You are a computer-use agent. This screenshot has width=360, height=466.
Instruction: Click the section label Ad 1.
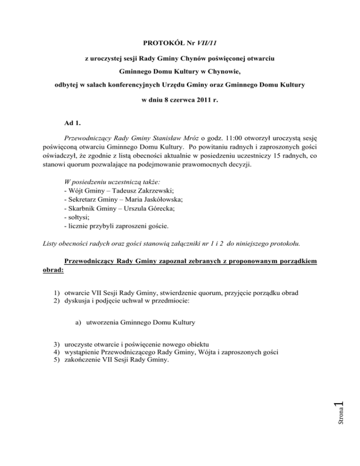[72, 123]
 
